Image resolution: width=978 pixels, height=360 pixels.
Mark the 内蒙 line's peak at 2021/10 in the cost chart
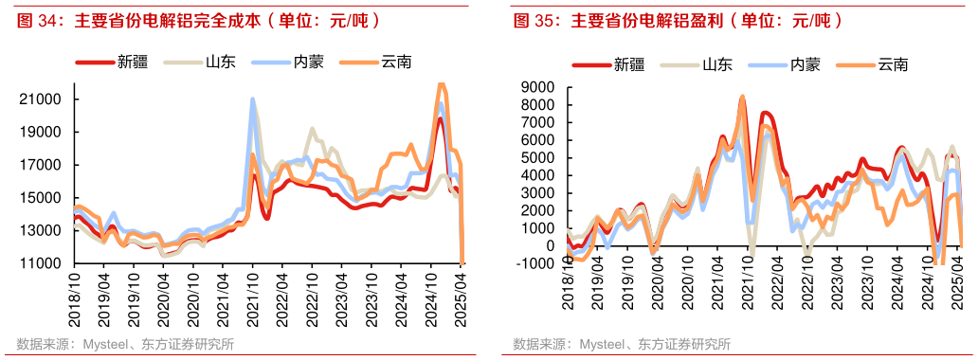click(x=252, y=99)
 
